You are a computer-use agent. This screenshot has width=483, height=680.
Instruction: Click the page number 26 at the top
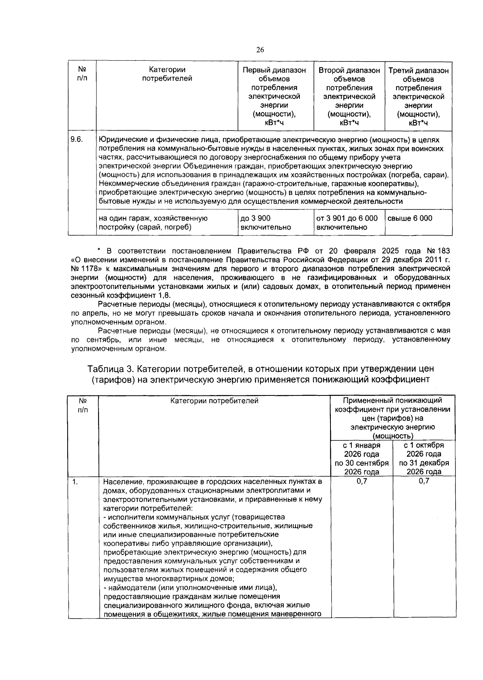260,50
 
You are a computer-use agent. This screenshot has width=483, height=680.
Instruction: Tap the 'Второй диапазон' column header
349,70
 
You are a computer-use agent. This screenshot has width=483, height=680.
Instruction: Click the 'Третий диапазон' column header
418,71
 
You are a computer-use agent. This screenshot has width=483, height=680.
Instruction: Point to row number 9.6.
76,139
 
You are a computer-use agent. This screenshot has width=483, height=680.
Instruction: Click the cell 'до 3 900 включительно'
265,223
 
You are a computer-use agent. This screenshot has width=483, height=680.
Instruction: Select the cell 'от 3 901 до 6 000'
347,218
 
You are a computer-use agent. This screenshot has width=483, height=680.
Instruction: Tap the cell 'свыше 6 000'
410,218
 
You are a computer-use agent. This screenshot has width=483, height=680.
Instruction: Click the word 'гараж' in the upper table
139,218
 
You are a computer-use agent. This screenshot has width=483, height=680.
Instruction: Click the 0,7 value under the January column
361,481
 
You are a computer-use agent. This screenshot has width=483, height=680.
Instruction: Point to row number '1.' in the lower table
75,481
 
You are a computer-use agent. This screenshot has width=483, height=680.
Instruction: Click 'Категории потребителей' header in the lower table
214,400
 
